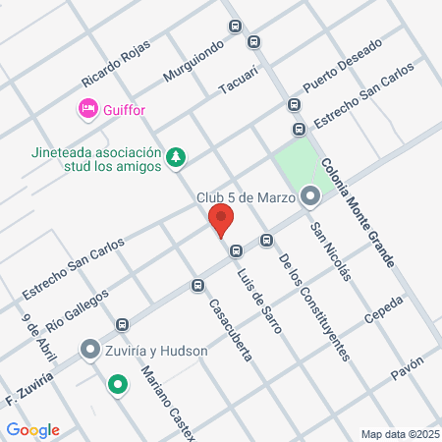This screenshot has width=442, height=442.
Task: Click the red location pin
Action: (221, 220)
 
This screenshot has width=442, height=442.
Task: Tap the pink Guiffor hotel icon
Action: (87, 109)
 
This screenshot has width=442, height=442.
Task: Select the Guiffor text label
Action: (123, 110)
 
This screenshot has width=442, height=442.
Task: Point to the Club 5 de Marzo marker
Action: (310, 197)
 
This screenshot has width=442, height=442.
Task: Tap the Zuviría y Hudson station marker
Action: (89, 350)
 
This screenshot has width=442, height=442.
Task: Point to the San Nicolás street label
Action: (330, 252)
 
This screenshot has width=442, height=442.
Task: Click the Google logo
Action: (33, 430)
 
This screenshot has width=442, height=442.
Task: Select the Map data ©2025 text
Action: (398, 433)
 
